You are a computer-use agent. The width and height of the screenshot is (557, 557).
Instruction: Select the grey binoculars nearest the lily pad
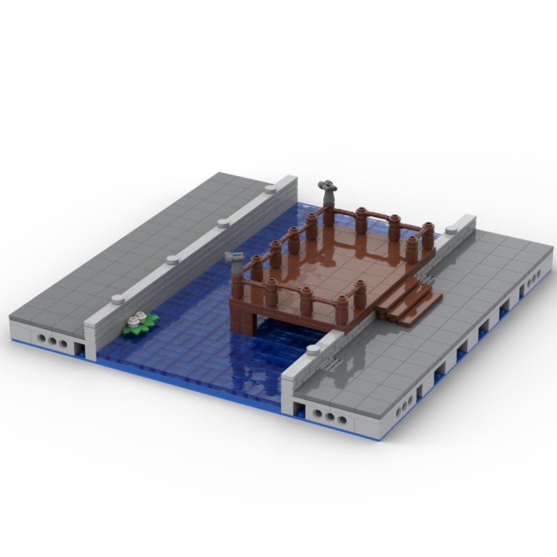pyautogui.click(x=237, y=259)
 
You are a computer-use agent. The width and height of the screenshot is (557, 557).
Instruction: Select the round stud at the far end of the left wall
pyautogui.click(x=271, y=189)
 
